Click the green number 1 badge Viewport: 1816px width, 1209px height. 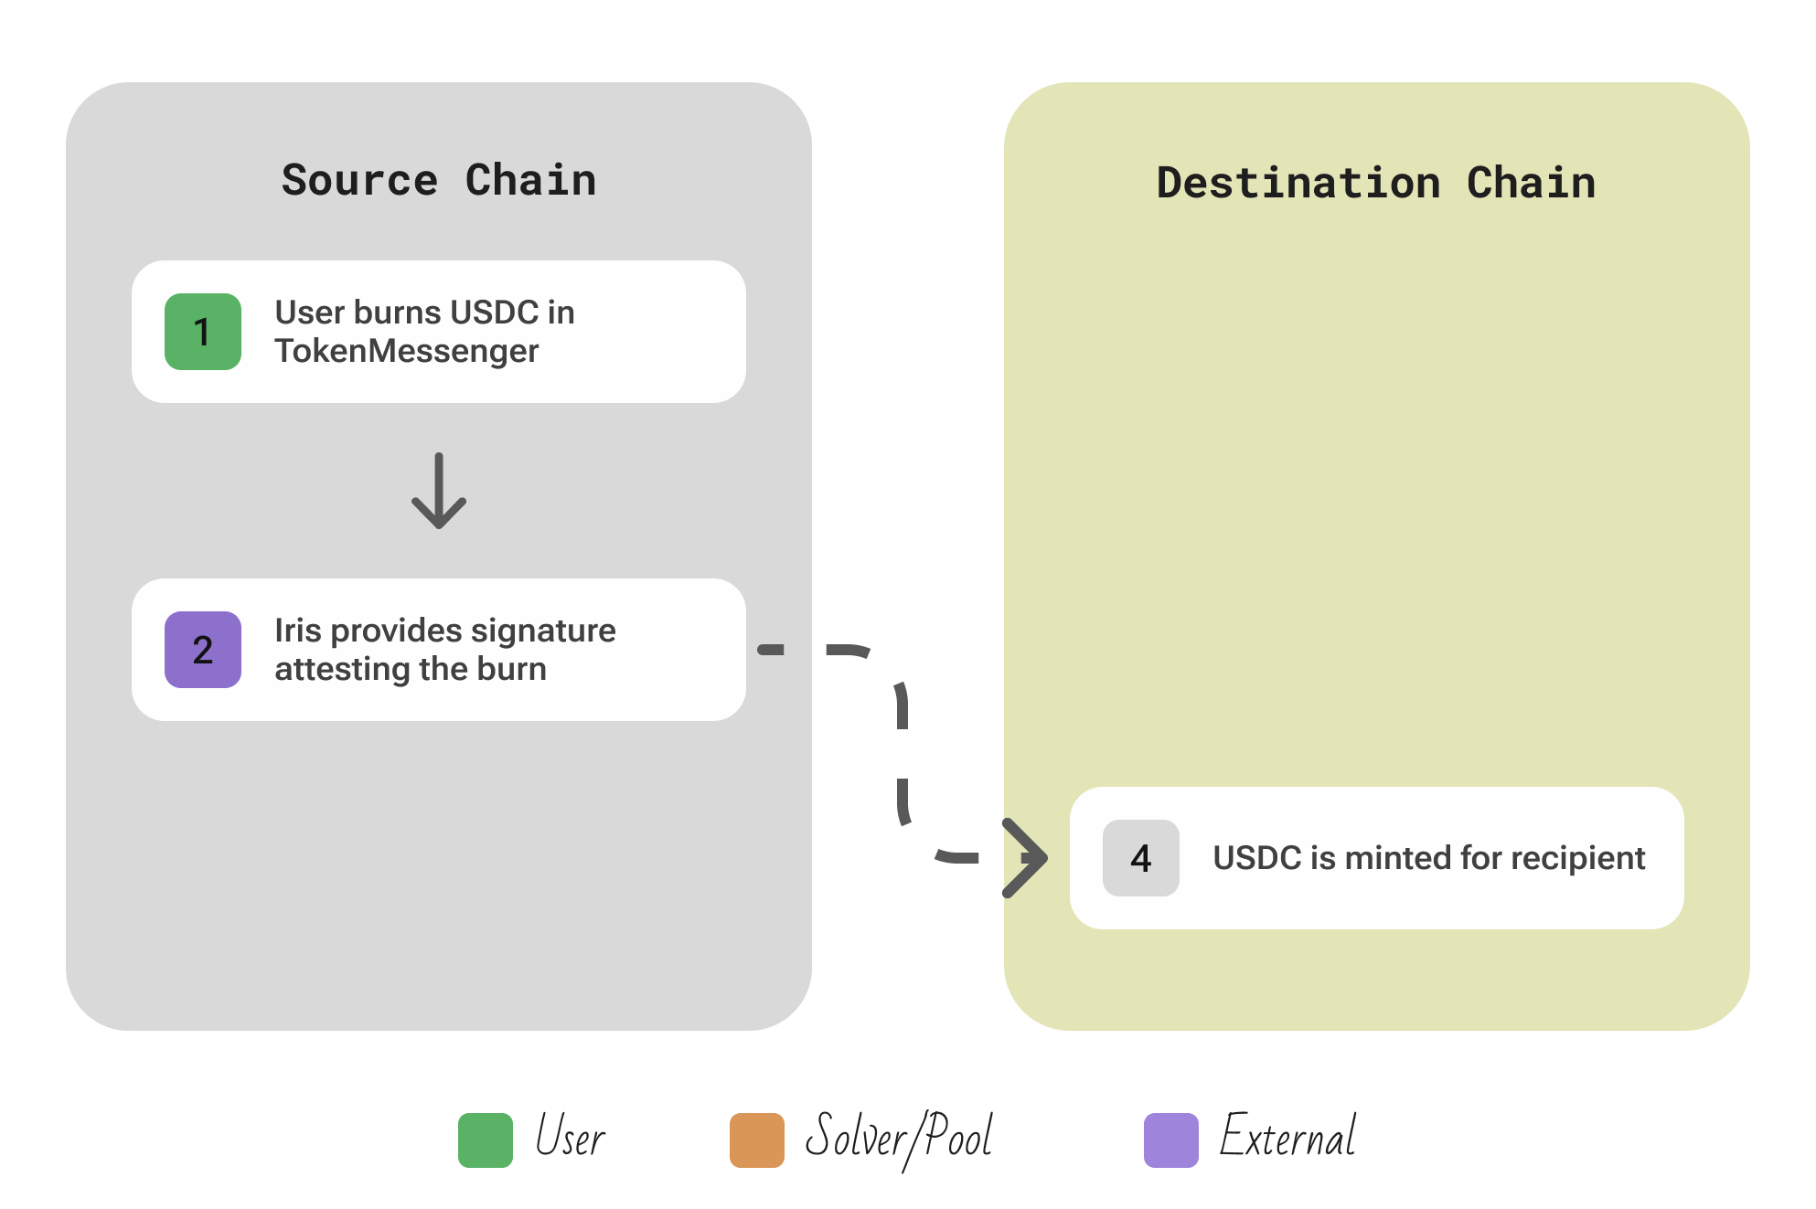tap(203, 332)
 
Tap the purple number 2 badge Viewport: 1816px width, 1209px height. tap(203, 650)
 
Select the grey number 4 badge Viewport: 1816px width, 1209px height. tap(1140, 858)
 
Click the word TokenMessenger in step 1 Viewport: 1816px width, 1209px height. tap(407, 352)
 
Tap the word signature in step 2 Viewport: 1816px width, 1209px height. tap(543, 631)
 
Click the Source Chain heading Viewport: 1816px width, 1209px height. tap(439, 180)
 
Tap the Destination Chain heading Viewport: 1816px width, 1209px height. tap(1376, 183)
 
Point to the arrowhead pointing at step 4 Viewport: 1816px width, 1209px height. tap(1026, 857)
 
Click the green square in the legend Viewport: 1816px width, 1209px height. tap(486, 1140)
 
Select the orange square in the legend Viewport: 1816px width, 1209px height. tap(757, 1140)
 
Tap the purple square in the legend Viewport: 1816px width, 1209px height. tap(1171, 1140)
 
